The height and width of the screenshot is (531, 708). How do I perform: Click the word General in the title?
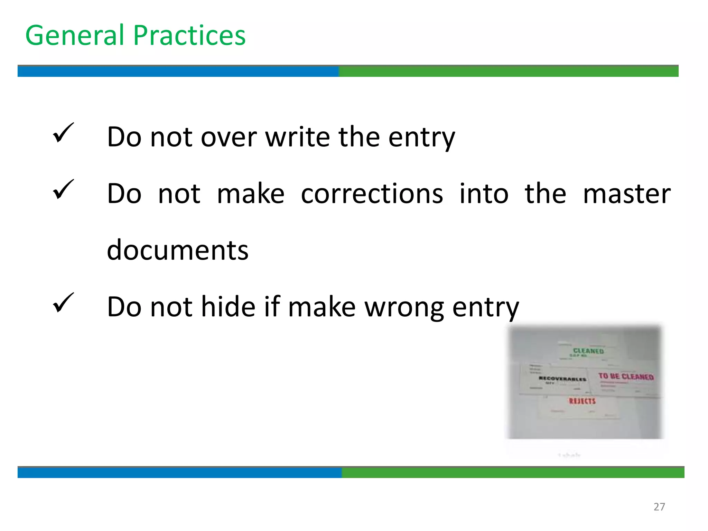(x=75, y=35)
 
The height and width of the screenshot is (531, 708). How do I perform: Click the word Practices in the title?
(x=189, y=35)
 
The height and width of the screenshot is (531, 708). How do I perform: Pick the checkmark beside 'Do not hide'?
(x=63, y=303)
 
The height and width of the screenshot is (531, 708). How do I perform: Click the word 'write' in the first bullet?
(x=297, y=137)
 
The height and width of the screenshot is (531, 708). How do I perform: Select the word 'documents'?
(x=178, y=250)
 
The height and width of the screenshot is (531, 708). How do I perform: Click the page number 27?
(x=659, y=507)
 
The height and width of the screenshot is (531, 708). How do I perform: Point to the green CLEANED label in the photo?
(x=588, y=351)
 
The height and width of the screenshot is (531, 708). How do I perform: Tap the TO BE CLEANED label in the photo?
(x=626, y=376)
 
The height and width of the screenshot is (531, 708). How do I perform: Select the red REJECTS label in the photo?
(x=583, y=401)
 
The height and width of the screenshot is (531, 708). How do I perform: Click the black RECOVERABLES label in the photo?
(x=562, y=379)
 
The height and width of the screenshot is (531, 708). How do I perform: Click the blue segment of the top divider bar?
(x=178, y=71)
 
